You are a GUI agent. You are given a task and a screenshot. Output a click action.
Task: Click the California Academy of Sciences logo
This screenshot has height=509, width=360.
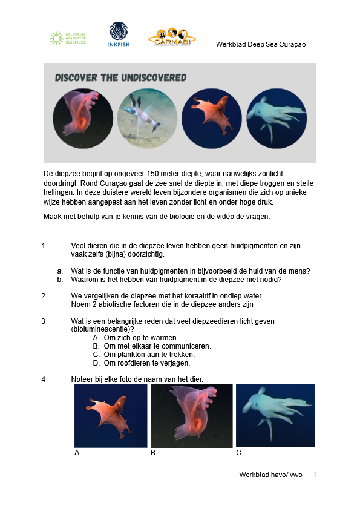(68, 39)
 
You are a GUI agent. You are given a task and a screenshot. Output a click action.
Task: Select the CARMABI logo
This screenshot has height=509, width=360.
(172, 37)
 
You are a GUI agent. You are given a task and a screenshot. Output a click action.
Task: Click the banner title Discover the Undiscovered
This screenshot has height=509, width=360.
(120, 78)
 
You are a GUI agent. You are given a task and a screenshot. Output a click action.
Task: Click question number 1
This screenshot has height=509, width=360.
(44, 246)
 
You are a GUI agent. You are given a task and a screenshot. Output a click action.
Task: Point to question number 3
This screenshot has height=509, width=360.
(44, 321)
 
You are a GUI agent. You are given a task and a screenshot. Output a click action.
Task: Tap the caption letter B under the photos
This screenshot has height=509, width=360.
(153, 452)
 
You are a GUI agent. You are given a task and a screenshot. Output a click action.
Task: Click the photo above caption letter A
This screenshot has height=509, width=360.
(111, 416)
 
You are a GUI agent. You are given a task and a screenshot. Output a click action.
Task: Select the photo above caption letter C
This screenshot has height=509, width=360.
(275, 416)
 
